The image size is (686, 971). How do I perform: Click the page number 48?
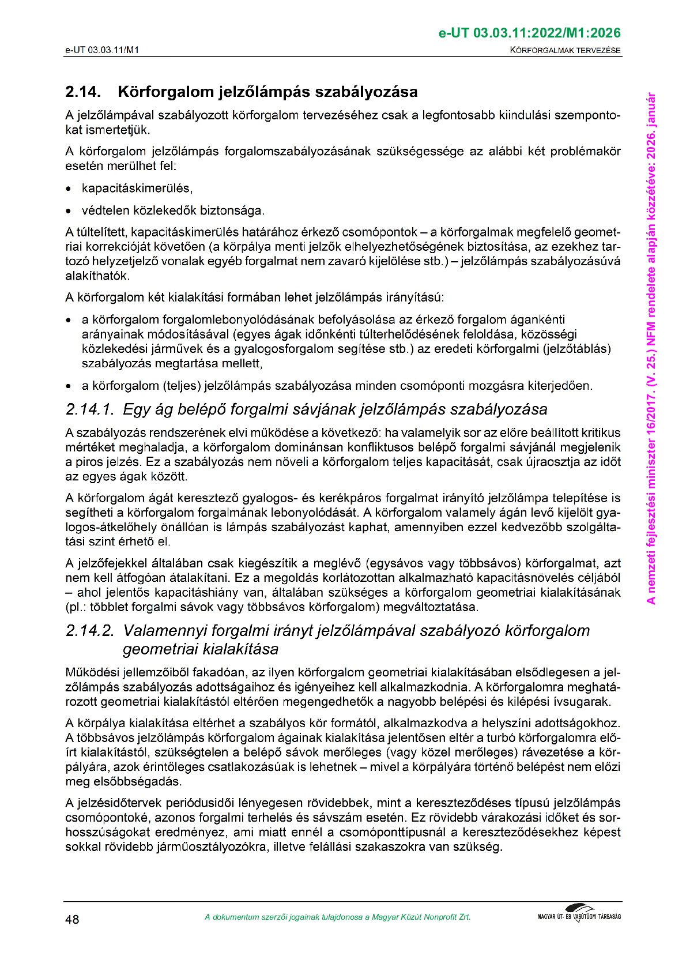point(73,919)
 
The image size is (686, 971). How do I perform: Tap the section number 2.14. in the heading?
point(83,92)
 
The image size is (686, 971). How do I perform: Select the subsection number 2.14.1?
point(89,410)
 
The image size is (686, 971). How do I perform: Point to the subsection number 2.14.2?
point(91,631)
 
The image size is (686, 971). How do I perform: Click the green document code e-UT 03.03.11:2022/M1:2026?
point(530,33)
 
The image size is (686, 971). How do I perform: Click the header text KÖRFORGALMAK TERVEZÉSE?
point(566,50)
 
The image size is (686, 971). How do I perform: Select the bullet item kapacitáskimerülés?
point(137,189)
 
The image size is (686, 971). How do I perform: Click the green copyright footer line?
point(337,917)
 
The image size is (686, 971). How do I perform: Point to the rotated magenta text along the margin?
point(651,348)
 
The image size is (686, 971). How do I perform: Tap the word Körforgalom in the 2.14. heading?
point(166,92)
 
